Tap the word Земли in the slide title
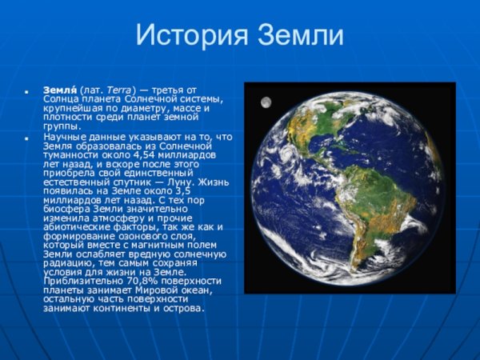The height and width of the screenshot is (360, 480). click(x=299, y=36)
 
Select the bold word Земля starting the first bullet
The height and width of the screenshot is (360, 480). click(x=59, y=90)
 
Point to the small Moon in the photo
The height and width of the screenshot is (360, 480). click(x=265, y=102)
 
